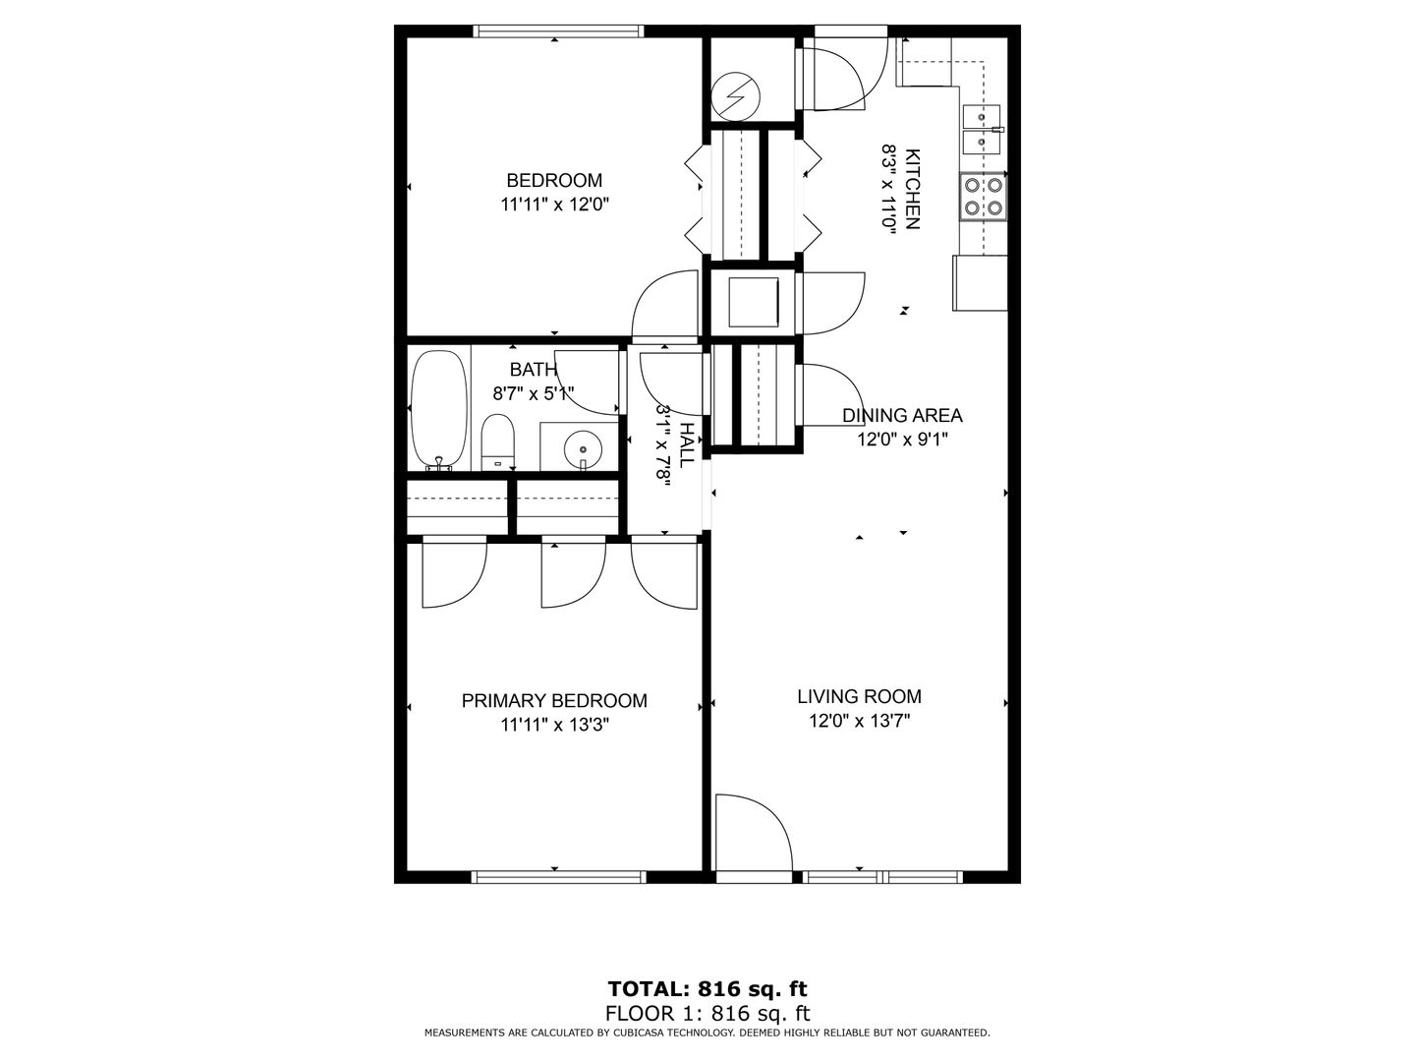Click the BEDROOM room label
(554, 180)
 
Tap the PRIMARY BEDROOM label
(554, 700)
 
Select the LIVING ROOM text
(859, 696)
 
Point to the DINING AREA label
(902, 415)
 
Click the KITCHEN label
(912, 189)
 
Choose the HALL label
(687, 444)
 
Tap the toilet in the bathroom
(497, 442)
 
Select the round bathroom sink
(583, 447)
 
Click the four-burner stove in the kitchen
(983, 197)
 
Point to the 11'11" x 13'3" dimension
(554, 725)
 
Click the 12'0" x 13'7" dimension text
(859, 721)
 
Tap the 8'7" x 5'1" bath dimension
(534, 393)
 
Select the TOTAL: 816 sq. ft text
(707, 988)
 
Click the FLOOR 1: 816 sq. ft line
(707, 1013)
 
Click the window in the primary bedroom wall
(558, 877)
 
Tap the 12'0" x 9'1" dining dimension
(902, 440)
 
